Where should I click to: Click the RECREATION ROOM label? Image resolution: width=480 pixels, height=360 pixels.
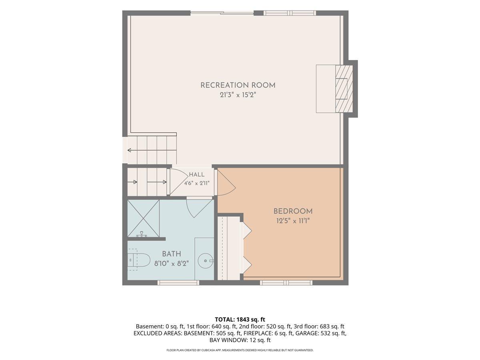tap(238, 85)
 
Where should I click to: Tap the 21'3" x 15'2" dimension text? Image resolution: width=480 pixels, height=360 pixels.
tap(238, 95)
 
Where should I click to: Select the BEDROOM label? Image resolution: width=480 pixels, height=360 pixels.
tap(293, 211)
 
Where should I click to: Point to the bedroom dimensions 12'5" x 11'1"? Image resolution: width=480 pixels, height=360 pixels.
tap(293, 221)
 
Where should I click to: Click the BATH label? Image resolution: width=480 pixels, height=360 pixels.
tap(172, 254)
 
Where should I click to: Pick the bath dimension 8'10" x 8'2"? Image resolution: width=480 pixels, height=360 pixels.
tap(172, 264)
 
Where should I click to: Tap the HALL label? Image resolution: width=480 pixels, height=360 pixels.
tap(196, 174)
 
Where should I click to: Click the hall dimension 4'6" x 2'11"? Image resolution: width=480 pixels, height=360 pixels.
tap(196, 183)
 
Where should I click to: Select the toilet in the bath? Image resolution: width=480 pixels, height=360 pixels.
tap(139, 260)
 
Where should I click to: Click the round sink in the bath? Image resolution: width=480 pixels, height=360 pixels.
tap(205, 260)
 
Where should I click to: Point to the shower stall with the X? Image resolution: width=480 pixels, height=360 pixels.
tap(144, 218)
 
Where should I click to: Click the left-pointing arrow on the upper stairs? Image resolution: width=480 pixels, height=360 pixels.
tap(152, 150)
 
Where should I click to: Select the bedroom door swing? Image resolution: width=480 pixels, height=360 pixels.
tap(226, 182)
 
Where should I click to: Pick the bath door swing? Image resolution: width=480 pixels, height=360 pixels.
tap(199, 208)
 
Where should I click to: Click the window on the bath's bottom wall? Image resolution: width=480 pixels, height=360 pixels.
tap(178, 283)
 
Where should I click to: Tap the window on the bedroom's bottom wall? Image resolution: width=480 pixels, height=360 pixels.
tap(286, 283)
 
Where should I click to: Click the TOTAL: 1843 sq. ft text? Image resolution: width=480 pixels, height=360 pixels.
tap(240, 319)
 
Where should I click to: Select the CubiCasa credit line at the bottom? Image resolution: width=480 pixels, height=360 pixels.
tap(240, 350)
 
